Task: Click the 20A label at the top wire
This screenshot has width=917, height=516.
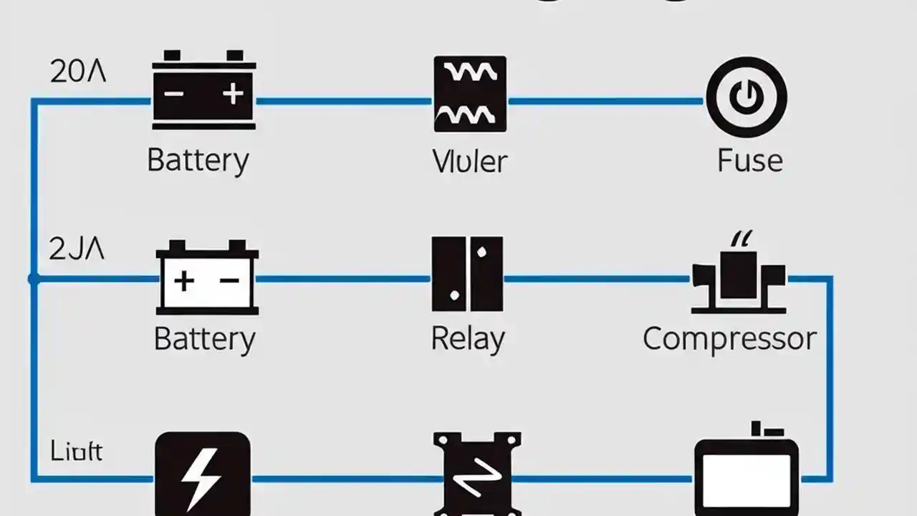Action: (x=78, y=72)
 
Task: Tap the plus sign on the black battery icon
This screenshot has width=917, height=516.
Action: (x=232, y=94)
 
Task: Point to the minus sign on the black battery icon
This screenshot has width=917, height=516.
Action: (x=174, y=94)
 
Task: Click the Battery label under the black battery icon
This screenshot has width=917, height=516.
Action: (x=198, y=160)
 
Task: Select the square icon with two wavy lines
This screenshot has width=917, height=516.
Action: (x=470, y=94)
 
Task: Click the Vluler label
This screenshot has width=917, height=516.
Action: (x=470, y=161)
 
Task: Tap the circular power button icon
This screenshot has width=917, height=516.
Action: (x=746, y=97)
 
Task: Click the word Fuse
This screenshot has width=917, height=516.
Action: (x=749, y=160)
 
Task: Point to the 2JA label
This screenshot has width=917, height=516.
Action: (x=77, y=249)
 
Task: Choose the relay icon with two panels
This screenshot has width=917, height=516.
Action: (x=467, y=274)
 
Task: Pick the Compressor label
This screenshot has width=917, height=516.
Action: (x=729, y=338)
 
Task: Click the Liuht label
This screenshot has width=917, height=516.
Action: (x=77, y=451)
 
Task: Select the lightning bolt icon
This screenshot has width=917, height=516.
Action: (x=203, y=474)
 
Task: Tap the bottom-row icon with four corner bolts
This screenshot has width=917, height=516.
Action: (x=477, y=474)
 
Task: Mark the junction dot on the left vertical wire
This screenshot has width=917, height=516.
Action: (x=33, y=279)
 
